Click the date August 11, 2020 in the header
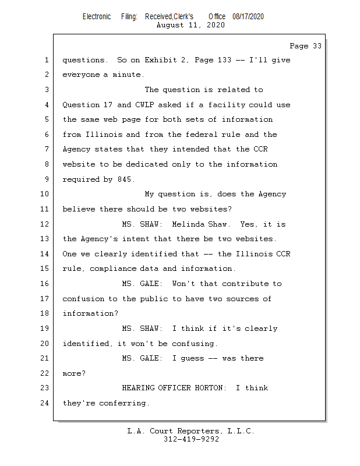(x=191, y=25)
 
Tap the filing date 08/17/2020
(x=248, y=17)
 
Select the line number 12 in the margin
(x=45, y=224)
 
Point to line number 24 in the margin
(x=45, y=403)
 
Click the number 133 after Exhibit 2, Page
(x=223, y=60)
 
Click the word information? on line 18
(x=90, y=313)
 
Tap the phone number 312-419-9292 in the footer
(x=191, y=439)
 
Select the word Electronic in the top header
(x=97, y=17)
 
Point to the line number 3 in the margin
(x=47, y=90)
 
